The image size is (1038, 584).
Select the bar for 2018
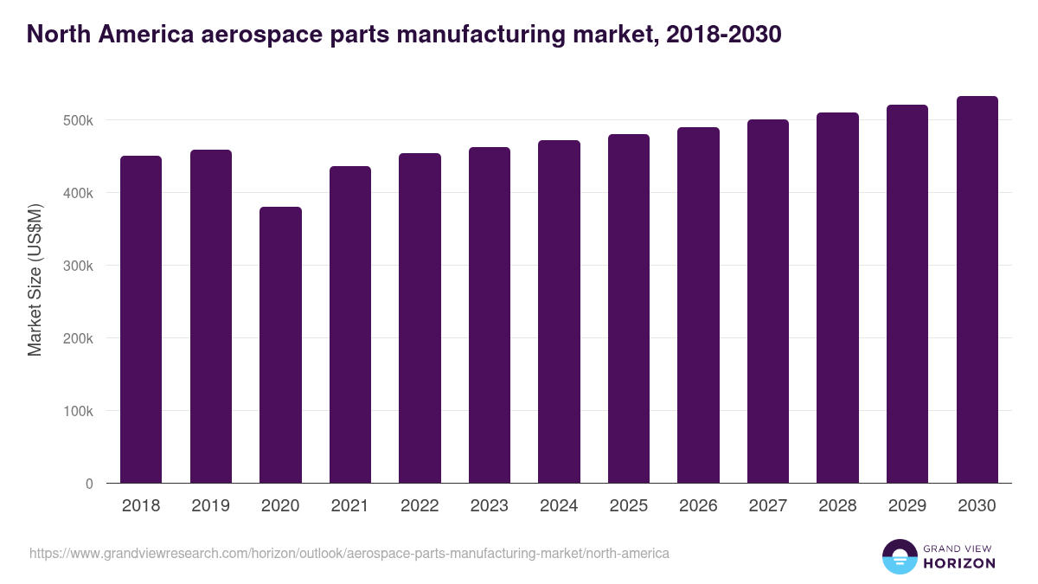click(141, 319)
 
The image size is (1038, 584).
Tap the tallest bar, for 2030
click(977, 289)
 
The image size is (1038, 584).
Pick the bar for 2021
click(350, 324)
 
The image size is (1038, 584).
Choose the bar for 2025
click(629, 308)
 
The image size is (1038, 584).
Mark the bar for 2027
click(768, 301)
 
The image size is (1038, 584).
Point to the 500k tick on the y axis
click(77, 120)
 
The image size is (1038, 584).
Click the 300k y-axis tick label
click(77, 266)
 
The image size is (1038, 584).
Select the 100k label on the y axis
click(77, 411)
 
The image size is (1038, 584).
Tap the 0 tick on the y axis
click(88, 484)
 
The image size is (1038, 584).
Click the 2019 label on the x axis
click(210, 506)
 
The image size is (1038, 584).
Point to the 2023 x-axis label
click(489, 506)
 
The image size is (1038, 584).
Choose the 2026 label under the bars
click(698, 506)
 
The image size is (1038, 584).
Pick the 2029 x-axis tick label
click(907, 506)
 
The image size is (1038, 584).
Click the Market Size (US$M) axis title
click(35, 279)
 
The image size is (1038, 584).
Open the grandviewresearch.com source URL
click(349, 553)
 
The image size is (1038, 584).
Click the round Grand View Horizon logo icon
click(900, 556)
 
